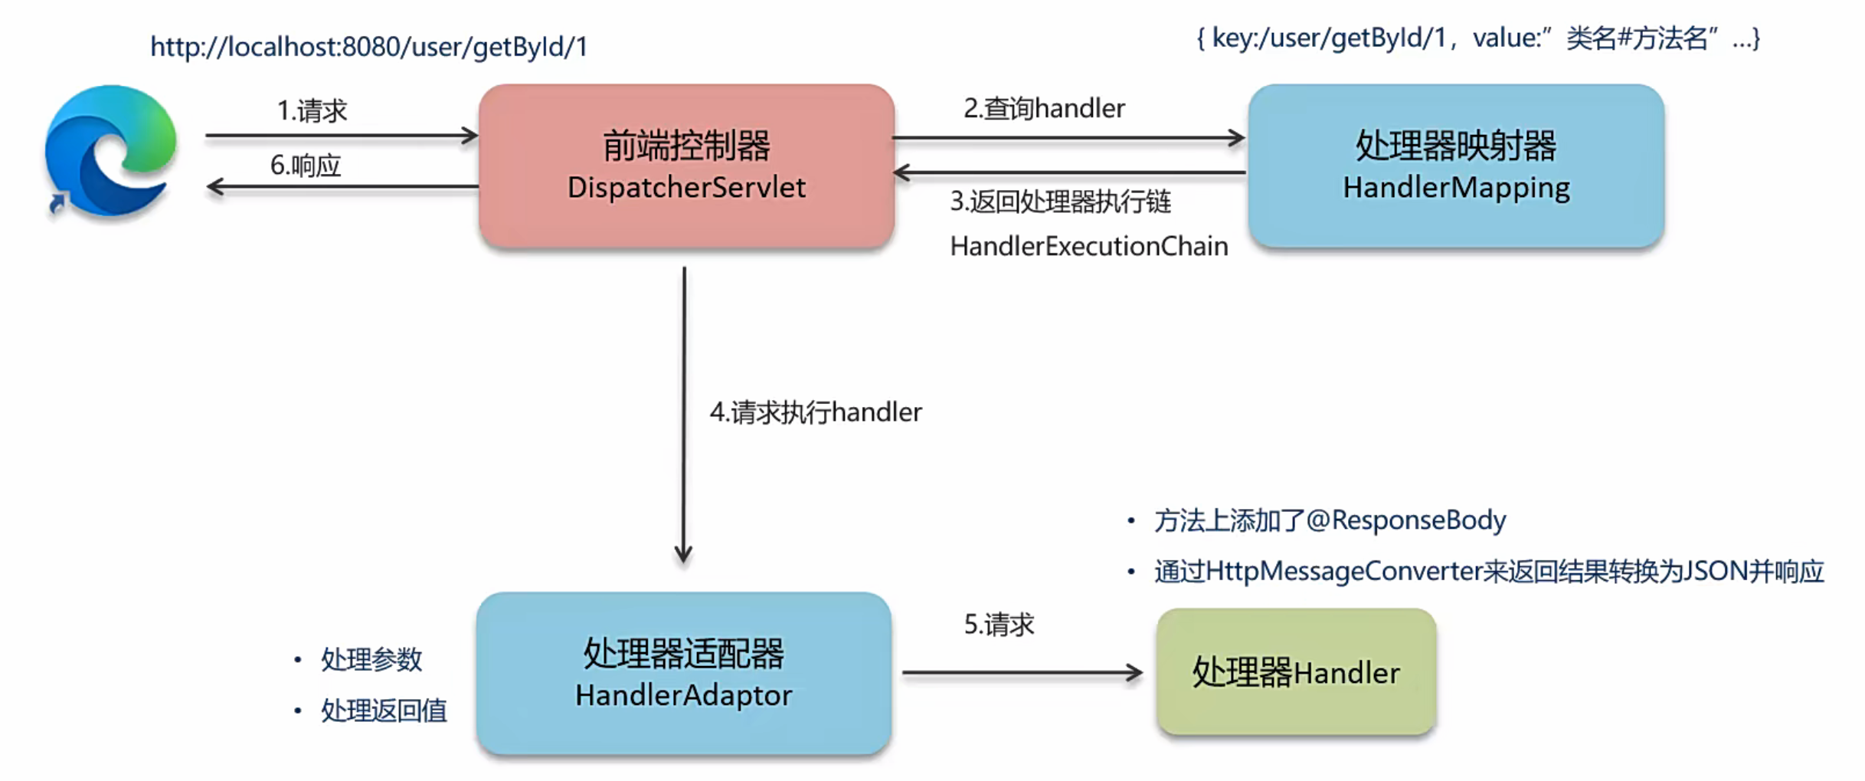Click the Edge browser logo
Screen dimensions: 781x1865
[x=111, y=150]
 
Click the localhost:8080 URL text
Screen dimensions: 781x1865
[x=368, y=47]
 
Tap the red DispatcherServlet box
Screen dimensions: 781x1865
[x=686, y=166]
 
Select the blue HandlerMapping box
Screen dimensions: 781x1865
[x=1455, y=166]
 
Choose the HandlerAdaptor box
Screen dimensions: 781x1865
[x=683, y=673]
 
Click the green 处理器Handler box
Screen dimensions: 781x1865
[x=1296, y=672]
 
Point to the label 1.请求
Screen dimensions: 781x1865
[x=312, y=111]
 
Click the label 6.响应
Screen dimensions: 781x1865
[x=305, y=165]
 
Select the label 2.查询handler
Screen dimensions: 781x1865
[x=1044, y=108]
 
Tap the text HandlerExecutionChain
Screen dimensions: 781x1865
[x=1088, y=246]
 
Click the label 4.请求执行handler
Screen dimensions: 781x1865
[x=816, y=412]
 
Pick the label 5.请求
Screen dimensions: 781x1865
[x=999, y=625]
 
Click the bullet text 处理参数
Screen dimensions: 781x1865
[x=371, y=659]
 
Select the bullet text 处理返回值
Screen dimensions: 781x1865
[x=384, y=710]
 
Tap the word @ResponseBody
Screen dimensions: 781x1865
[x=1406, y=520]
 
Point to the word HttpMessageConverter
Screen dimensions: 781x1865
[x=1344, y=571]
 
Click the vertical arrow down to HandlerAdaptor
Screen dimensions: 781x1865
[x=684, y=414]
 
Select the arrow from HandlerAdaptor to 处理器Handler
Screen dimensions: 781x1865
[x=1022, y=673]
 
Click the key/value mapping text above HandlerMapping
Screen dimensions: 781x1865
[x=1478, y=38]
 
